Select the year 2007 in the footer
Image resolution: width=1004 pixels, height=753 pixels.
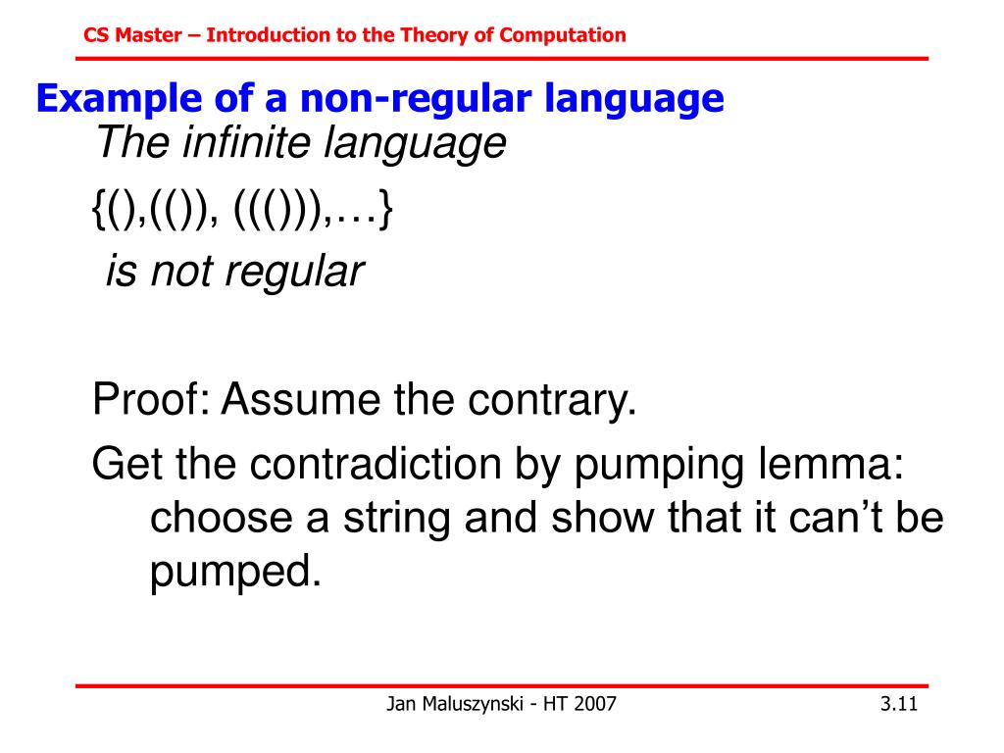(596, 704)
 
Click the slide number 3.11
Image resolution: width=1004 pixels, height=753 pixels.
(898, 704)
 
